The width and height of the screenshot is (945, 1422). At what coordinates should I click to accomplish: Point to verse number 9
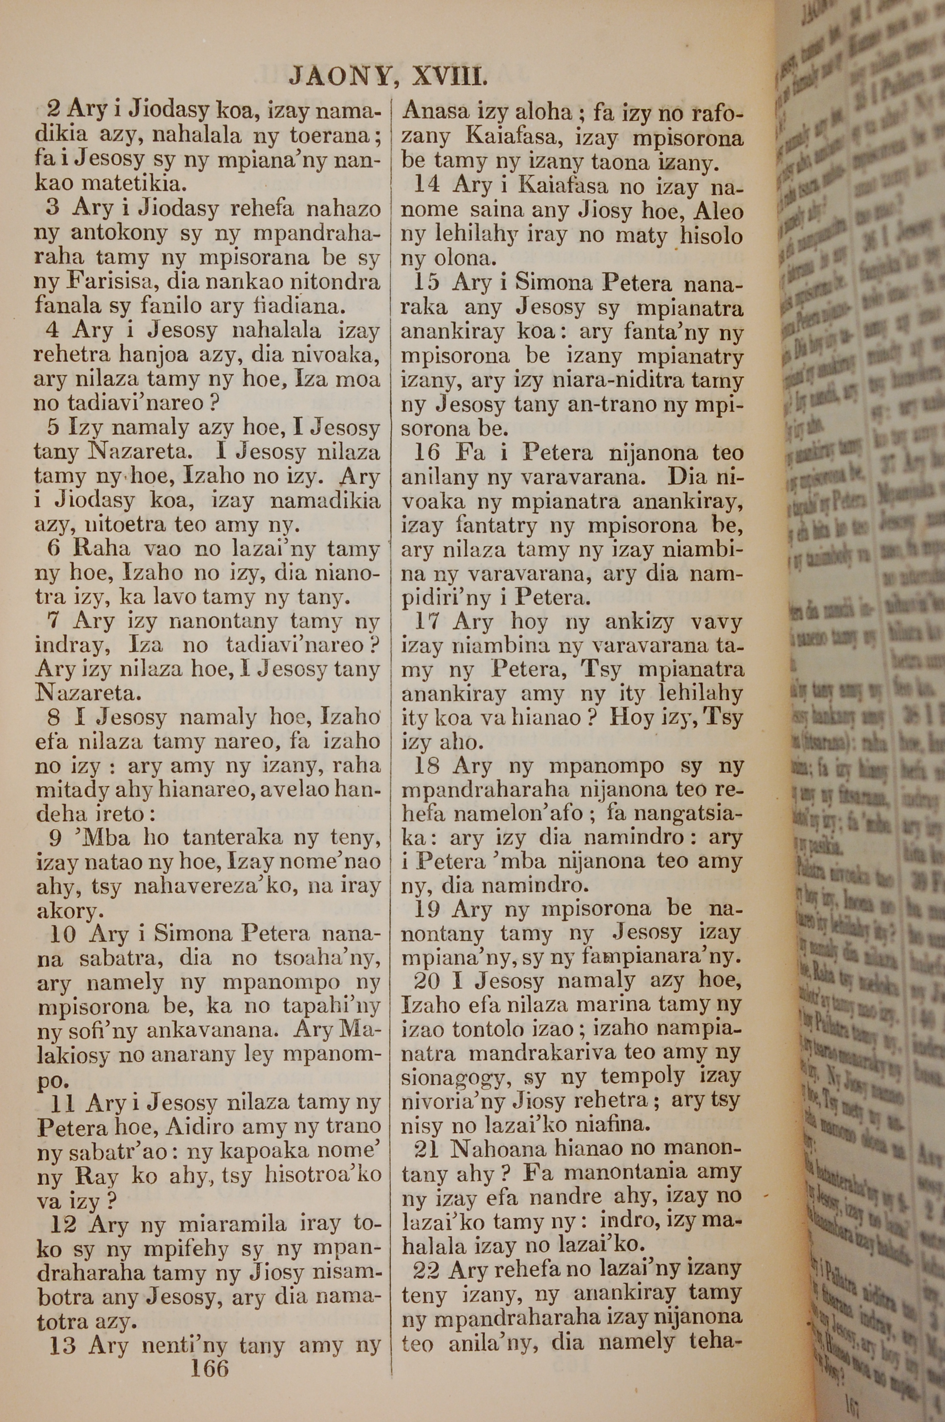tap(56, 837)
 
